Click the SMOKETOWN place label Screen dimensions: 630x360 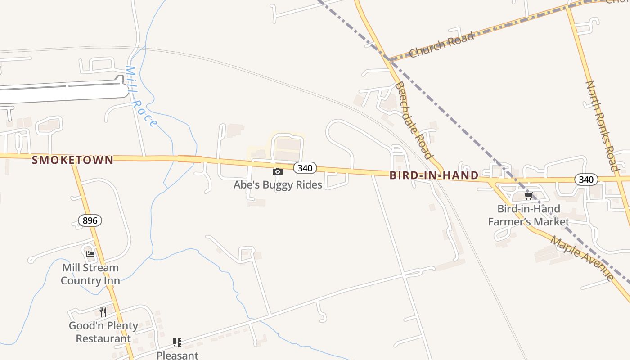(72, 160)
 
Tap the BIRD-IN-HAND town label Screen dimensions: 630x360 (434, 175)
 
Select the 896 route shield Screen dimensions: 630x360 (90, 220)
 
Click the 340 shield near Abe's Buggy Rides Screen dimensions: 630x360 (305, 168)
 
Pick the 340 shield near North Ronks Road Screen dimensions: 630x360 (586, 180)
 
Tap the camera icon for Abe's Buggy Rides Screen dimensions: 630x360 (278, 171)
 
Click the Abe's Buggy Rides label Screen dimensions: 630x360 (278, 184)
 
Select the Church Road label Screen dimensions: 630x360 (441, 45)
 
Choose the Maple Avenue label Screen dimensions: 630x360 (583, 258)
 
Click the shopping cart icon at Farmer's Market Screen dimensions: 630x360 (528, 196)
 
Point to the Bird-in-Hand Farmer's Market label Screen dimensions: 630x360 (529, 215)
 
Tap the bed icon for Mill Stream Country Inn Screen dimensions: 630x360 (90, 254)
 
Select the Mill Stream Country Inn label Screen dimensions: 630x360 (90, 274)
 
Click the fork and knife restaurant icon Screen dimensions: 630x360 (103, 312)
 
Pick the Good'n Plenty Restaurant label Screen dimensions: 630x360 (103, 332)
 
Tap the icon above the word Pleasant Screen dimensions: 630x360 (177, 342)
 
